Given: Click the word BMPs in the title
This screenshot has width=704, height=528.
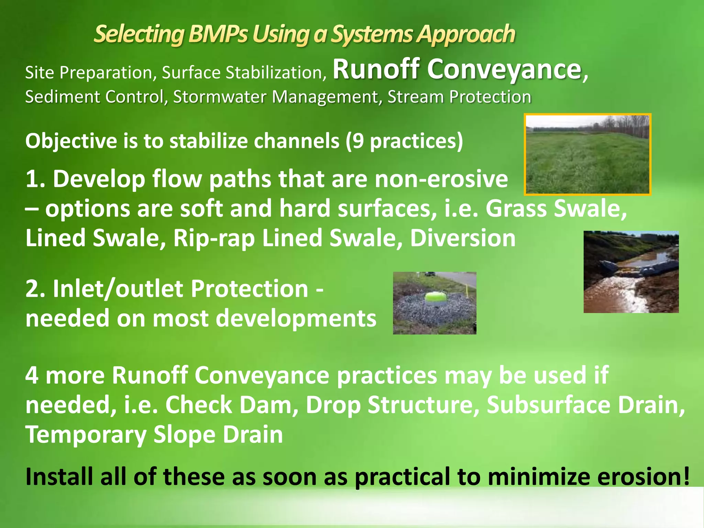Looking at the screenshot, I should click(218, 34).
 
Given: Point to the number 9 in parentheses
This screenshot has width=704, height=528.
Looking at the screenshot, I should click(357, 141).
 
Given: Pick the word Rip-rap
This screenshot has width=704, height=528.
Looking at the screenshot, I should click(214, 238).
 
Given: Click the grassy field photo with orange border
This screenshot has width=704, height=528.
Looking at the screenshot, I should click(587, 154).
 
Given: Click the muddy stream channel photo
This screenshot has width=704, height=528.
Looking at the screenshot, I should click(631, 272).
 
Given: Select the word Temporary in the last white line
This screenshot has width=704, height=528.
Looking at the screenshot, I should click(86, 435).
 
